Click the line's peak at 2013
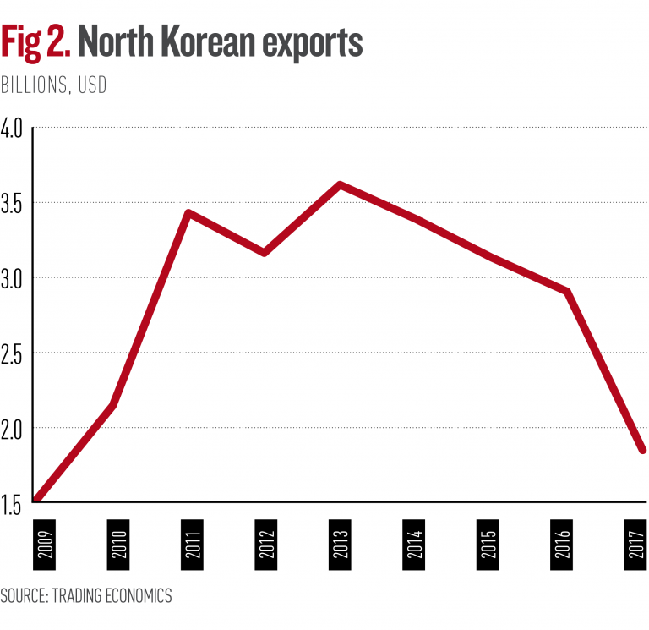[x=339, y=184]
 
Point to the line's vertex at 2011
[x=188, y=212]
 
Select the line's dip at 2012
[x=264, y=253]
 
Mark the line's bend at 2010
[x=112, y=406]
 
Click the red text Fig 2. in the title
[x=36, y=43]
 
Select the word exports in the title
[x=308, y=43]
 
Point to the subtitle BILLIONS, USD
[x=54, y=86]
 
